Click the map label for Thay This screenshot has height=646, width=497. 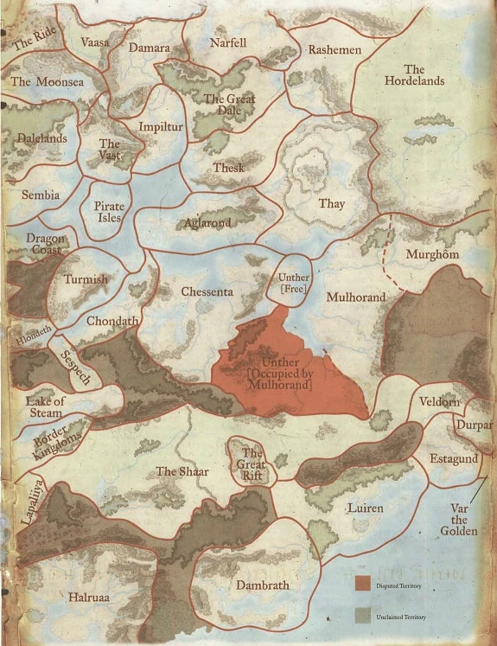coord(332,204)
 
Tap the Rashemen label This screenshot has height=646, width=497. coord(335,50)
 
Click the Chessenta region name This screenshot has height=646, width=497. coord(207,292)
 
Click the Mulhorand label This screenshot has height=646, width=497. coord(356,297)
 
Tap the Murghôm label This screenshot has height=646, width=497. coord(434,255)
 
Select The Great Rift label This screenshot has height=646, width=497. coord(252,462)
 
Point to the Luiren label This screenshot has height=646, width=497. coord(364,508)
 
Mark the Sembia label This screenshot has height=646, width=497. coord(41,195)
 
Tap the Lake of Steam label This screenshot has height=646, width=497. coord(45,407)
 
